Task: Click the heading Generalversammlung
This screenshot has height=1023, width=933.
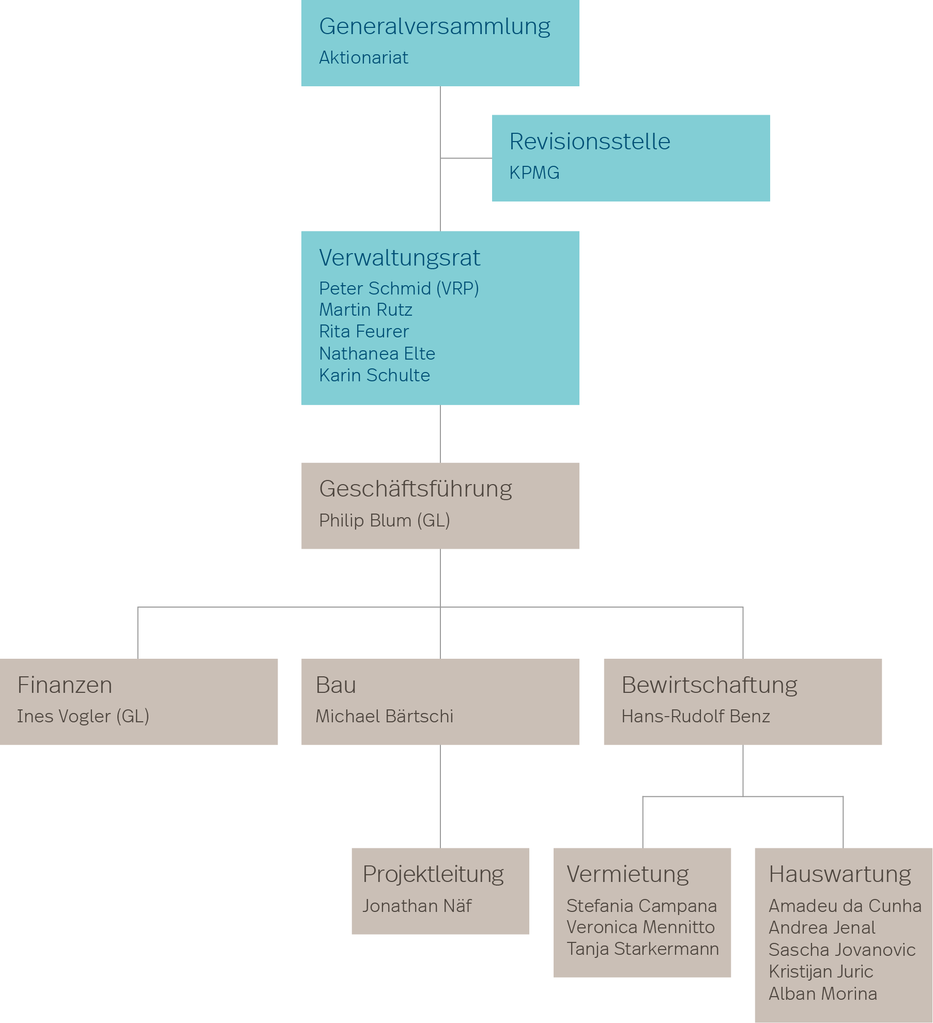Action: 435,27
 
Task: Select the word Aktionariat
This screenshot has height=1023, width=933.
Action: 363,57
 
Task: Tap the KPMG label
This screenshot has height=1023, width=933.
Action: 534,173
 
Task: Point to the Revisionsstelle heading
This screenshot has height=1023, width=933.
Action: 590,142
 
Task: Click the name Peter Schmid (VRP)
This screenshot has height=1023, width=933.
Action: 399,288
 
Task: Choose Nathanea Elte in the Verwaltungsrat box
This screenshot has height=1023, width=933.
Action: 377,353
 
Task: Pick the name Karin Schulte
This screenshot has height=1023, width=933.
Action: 375,375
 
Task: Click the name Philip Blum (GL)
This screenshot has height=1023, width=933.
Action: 385,520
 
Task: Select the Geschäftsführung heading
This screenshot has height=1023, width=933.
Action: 416,489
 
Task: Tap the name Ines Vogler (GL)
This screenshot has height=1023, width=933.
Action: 83,716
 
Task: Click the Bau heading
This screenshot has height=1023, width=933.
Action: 336,685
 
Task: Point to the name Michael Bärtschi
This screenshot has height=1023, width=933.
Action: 385,716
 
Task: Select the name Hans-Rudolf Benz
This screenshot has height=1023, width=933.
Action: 696,716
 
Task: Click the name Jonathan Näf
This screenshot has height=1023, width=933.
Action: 417,906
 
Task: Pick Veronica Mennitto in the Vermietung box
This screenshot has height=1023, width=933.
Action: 640,927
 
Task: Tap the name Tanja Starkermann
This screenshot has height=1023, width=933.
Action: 643,949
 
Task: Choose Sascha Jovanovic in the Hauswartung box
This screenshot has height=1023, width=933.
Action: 842,950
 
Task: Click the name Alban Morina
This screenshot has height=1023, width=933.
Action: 823,994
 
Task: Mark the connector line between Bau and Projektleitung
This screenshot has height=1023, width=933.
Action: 440,796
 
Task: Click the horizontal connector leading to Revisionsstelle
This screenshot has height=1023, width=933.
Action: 466,158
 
